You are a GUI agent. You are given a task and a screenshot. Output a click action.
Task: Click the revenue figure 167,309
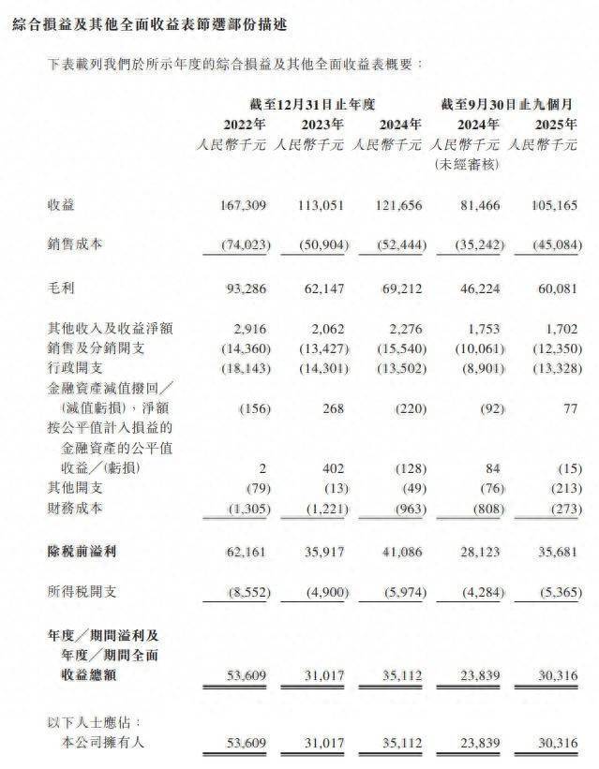[x=245, y=204]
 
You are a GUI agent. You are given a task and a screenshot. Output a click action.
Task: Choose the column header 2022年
[x=244, y=124]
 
